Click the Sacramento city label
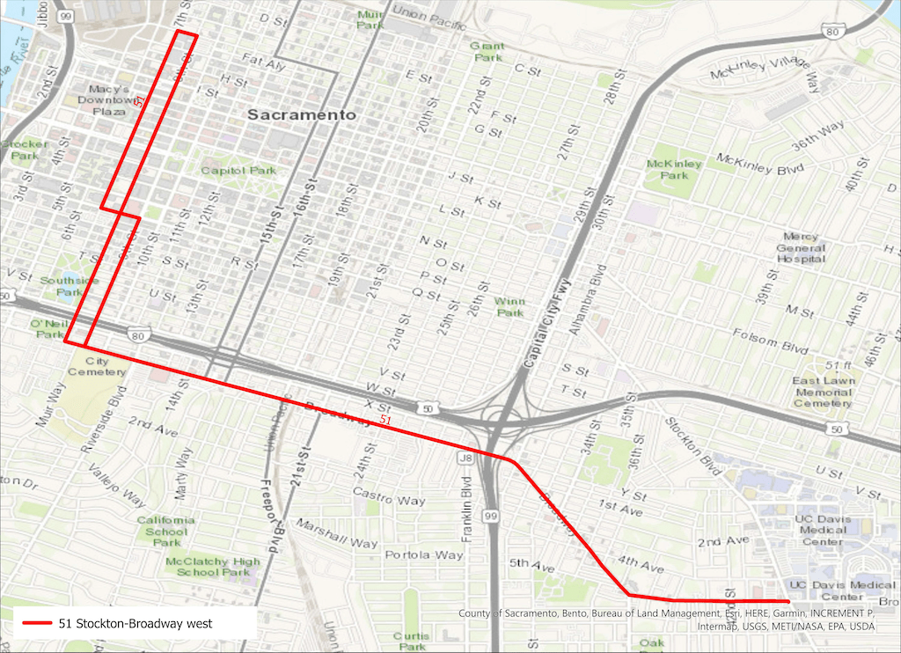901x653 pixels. tap(301, 115)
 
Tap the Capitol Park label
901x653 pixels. tap(238, 171)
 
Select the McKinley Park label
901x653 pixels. tap(674, 169)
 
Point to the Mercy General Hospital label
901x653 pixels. tap(801, 247)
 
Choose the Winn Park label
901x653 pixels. tap(509, 306)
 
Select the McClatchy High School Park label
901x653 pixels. tap(213, 567)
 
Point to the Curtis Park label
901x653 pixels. tap(411, 640)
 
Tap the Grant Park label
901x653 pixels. tap(487, 51)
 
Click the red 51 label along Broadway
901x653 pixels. tap(385, 421)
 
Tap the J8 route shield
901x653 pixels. tap(467, 458)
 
